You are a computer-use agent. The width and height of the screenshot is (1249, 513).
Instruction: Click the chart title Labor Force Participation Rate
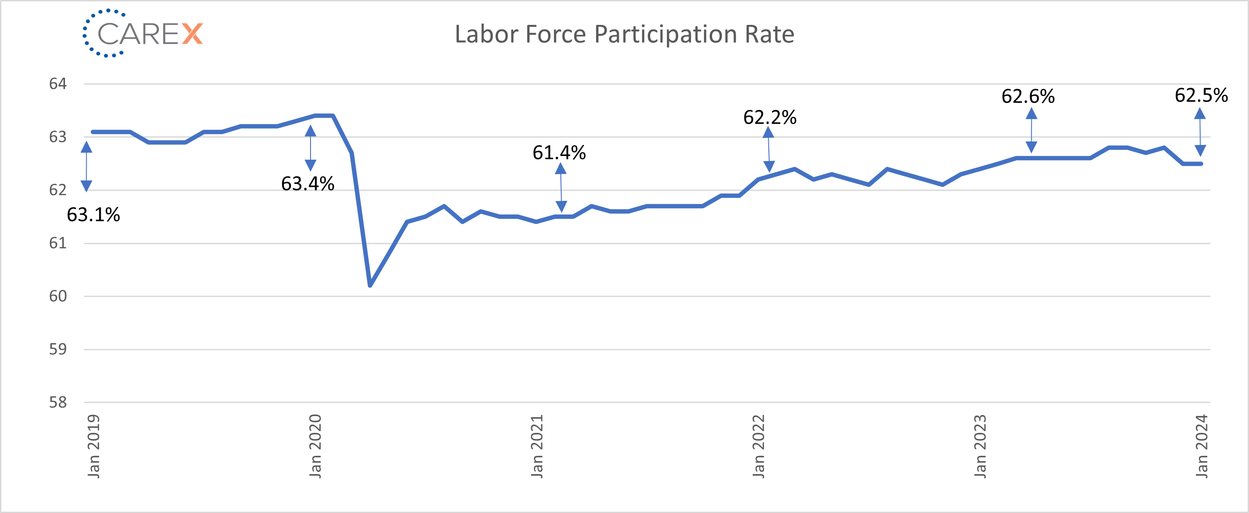click(x=624, y=34)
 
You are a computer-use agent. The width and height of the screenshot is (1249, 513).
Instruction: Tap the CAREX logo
click(x=143, y=33)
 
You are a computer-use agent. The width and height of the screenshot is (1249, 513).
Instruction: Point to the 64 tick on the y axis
click(x=58, y=84)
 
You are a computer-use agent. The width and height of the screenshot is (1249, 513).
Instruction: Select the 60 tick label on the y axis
click(x=58, y=296)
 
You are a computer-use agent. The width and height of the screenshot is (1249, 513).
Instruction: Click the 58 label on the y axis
click(x=58, y=403)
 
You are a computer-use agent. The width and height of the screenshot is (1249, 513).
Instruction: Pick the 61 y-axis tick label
click(x=58, y=243)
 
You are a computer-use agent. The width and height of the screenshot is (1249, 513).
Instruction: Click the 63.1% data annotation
click(x=93, y=215)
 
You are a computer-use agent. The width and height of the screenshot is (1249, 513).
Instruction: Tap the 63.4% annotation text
click(x=307, y=184)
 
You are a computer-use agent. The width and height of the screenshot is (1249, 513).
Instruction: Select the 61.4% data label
click(x=559, y=153)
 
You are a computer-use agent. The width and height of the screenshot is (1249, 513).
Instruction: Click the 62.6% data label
click(x=1028, y=96)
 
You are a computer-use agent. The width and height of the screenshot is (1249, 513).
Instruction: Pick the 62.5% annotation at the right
click(x=1201, y=95)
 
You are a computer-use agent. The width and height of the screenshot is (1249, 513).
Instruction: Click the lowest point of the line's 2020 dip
click(x=370, y=285)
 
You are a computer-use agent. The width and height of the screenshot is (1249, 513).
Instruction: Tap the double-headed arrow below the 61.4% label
click(x=561, y=187)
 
